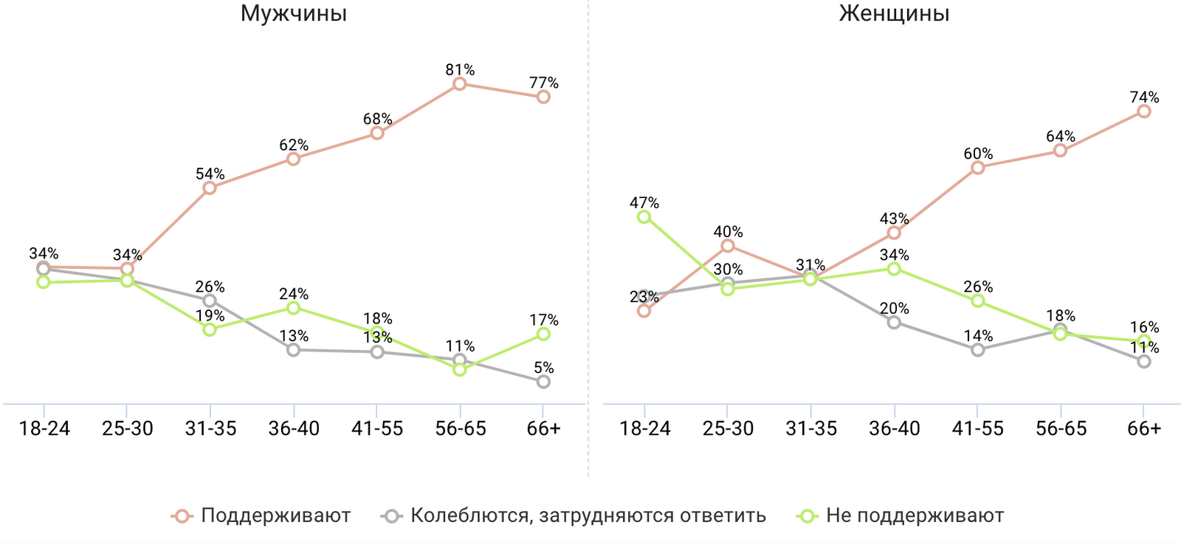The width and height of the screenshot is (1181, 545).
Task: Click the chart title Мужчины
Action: [294, 13]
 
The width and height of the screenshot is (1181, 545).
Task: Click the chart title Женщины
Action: [894, 13]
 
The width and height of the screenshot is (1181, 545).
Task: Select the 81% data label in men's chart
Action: [460, 70]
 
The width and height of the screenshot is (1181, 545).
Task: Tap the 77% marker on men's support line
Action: [543, 97]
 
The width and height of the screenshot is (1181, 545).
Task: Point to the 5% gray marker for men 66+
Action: [543, 381]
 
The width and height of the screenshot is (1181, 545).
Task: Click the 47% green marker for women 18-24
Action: [644, 216]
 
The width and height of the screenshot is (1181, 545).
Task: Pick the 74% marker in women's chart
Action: [1143, 111]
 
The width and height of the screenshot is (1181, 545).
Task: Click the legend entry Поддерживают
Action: [275, 515]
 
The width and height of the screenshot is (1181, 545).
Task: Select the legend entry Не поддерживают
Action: [915, 515]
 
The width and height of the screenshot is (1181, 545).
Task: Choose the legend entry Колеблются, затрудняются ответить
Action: [588, 515]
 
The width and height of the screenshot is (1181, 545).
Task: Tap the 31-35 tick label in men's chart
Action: [210, 428]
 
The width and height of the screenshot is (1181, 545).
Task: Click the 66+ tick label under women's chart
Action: [1143, 428]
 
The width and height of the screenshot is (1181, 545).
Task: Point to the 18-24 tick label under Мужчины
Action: [44, 428]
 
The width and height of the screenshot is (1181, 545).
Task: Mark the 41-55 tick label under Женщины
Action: [977, 428]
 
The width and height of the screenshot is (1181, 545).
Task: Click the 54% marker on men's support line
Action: [210, 188]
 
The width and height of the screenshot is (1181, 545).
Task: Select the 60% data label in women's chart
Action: [977, 154]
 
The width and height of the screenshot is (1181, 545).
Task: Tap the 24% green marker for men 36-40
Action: [293, 307]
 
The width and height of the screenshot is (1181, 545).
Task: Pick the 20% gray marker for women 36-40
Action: [894, 322]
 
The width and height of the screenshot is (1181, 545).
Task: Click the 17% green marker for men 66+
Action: [543, 334]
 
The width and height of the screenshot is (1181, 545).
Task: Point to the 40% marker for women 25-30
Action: [728, 246]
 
